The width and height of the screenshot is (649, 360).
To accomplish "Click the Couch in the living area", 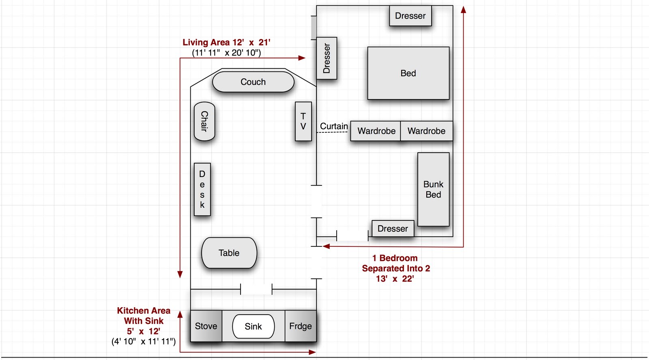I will [x=253, y=82].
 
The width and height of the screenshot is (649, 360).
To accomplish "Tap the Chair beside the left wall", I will [x=204, y=121].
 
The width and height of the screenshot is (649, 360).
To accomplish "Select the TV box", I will [x=303, y=121].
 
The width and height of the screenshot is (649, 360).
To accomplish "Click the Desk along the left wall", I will [x=202, y=190].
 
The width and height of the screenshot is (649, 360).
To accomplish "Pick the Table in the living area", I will [x=229, y=253].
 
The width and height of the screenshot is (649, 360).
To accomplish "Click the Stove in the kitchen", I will [x=206, y=326].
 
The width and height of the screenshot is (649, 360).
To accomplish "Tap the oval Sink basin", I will [x=253, y=326].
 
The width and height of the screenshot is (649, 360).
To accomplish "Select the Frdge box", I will [x=301, y=326].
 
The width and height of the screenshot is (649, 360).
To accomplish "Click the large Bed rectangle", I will [x=408, y=73].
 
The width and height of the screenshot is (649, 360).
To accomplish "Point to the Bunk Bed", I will [x=433, y=190].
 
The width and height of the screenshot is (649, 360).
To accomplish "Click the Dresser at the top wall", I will [x=410, y=16].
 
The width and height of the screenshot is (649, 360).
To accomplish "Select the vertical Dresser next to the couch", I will [x=327, y=58].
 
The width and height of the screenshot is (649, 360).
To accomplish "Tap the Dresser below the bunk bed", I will [x=393, y=229].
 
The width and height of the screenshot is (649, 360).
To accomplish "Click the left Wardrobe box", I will [x=376, y=131].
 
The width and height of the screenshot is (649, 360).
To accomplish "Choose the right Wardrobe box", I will [x=426, y=131].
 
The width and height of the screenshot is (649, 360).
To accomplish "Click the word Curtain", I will [x=334, y=126].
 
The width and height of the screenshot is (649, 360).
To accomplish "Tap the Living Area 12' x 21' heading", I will [x=226, y=42].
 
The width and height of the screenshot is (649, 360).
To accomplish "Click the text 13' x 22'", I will [x=395, y=279].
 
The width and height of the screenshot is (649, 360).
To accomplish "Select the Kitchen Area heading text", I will [x=144, y=310].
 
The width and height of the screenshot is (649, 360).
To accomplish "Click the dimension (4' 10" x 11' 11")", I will [x=144, y=341].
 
